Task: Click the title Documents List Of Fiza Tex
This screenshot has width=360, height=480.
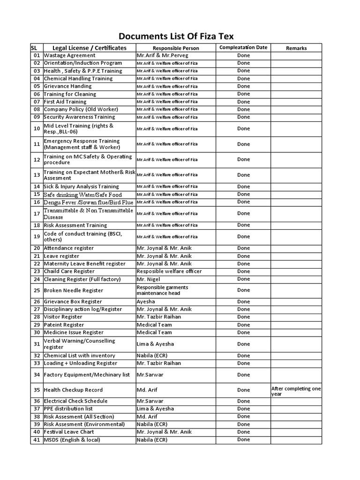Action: point(176,36)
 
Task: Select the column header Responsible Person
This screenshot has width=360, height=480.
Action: point(176,48)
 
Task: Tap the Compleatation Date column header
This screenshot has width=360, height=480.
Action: point(243,48)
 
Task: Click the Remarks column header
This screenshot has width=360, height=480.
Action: point(296,48)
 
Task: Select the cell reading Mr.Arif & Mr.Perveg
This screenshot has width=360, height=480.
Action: point(160,55)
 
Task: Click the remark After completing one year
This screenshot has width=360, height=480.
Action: point(296,391)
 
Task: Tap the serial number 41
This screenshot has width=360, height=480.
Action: point(37,440)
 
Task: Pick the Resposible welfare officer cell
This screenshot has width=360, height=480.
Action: point(169,271)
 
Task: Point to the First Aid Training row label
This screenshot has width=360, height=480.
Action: point(65,102)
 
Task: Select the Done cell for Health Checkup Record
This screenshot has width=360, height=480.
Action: point(243,390)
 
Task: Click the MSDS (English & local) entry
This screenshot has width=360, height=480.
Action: point(72,440)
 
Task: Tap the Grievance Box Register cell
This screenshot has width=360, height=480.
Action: point(73,302)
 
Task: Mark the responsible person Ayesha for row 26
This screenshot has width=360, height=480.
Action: point(146,302)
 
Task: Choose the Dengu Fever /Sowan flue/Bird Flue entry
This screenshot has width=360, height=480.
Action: point(89,202)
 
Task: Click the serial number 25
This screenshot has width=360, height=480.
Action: point(37,291)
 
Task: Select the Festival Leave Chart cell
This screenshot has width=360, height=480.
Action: point(69,432)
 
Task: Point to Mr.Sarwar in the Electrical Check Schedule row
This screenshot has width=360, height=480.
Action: point(148,401)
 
